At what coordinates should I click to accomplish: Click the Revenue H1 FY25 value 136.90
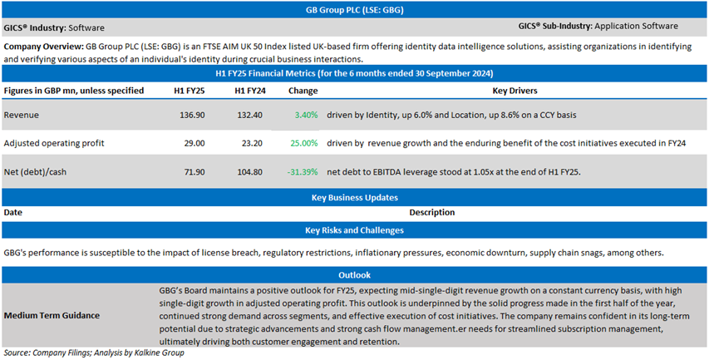click(x=193, y=115)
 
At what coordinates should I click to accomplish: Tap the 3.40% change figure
click(x=305, y=115)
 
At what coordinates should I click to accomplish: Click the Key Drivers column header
click(x=515, y=90)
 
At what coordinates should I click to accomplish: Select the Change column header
click(x=303, y=90)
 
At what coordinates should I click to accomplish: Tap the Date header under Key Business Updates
click(x=13, y=213)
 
